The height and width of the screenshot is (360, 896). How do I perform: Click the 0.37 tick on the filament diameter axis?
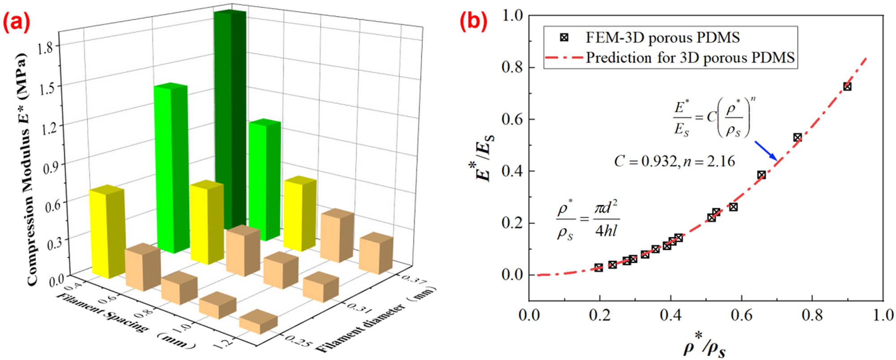click(414, 279)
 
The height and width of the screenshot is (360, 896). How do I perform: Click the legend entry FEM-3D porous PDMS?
click(662, 38)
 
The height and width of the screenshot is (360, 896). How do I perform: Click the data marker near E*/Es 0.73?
click(847, 86)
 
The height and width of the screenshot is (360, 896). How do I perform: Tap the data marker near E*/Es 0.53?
click(797, 137)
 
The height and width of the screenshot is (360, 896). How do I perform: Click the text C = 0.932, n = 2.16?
click(674, 161)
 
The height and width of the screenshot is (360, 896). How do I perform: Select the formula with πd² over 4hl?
click(587, 220)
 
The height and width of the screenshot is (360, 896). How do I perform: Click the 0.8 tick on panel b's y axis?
click(512, 68)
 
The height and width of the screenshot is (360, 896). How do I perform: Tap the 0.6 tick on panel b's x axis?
click(741, 315)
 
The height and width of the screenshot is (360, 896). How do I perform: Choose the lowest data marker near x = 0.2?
click(599, 268)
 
